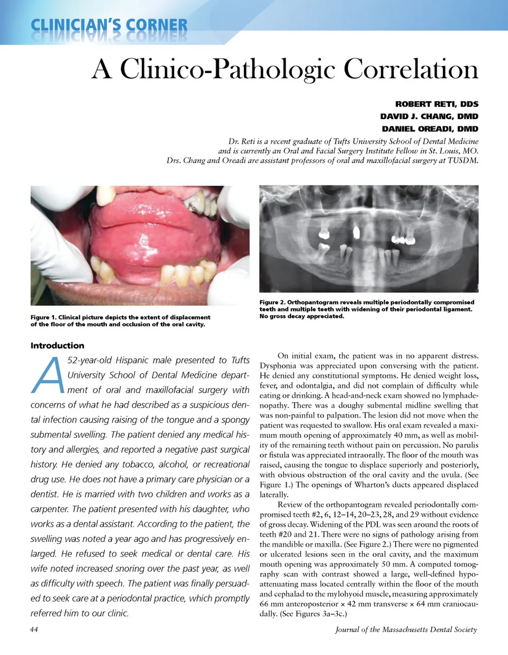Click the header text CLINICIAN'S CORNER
pyautogui.click(x=109, y=25)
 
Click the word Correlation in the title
pyautogui.click(x=411, y=69)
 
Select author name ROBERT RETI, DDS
pyautogui.click(x=437, y=104)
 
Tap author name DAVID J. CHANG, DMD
pyautogui.click(x=429, y=116)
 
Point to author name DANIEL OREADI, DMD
pyautogui.click(x=430, y=129)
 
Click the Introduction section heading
pyautogui.click(x=57, y=345)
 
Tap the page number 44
pyautogui.click(x=34, y=629)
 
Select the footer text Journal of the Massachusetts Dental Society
pyautogui.click(x=406, y=630)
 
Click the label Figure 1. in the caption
pyautogui.click(x=43, y=317)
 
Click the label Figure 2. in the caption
pyautogui.click(x=272, y=303)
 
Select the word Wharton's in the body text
pyautogui.click(x=378, y=485)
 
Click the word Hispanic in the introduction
pyautogui.click(x=132, y=360)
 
